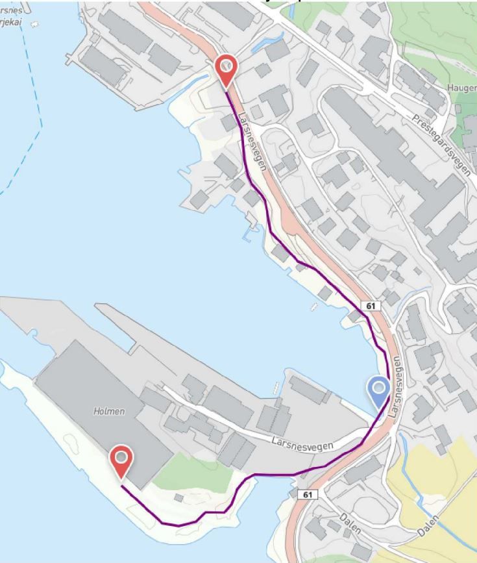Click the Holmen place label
(109, 411)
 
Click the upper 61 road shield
(370, 305)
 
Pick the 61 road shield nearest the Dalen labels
(308, 495)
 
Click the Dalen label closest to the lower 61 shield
(350, 523)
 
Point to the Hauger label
(461, 88)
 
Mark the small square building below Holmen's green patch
(179, 498)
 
